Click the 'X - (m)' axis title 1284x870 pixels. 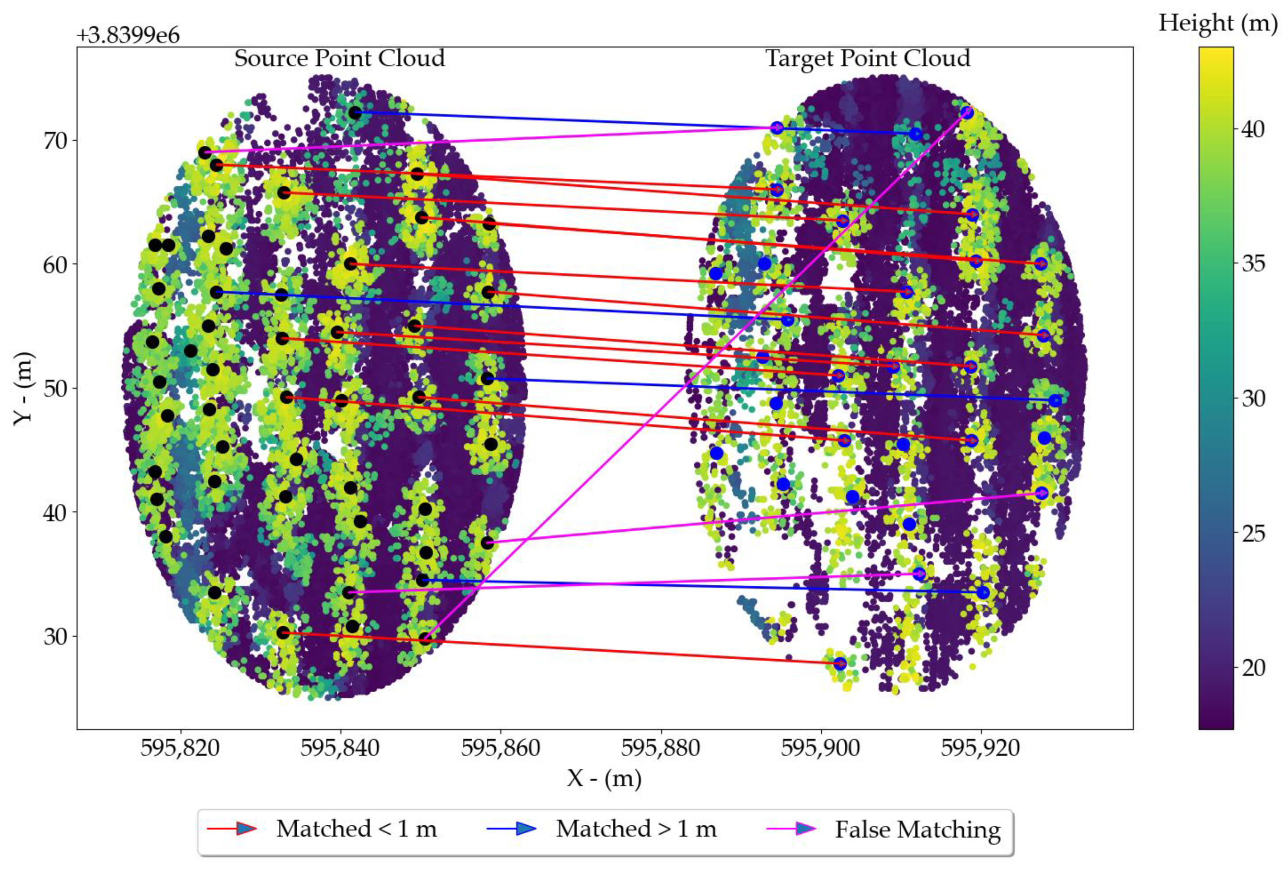(604, 779)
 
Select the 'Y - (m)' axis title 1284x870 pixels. (23, 388)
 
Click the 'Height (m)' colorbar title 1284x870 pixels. (1218, 23)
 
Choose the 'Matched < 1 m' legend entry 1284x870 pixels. (356, 828)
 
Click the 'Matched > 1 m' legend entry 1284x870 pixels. (636, 828)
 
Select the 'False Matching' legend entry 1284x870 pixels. (917, 830)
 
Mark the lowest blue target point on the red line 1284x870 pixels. (840, 663)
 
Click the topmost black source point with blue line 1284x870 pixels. (354, 113)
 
